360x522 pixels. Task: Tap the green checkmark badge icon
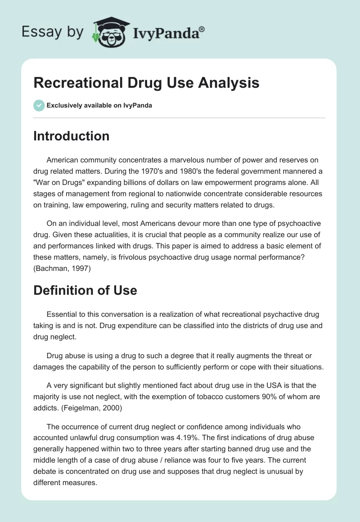pyautogui.click(x=39, y=105)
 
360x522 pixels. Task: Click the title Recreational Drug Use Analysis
pyautogui.click(x=146, y=83)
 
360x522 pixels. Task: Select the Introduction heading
pyautogui.click(x=71, y=136)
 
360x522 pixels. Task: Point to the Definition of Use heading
pyautogui.click(x=85, y=290)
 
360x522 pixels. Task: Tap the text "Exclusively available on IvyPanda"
pyautogui.click(x=99, y=106)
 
